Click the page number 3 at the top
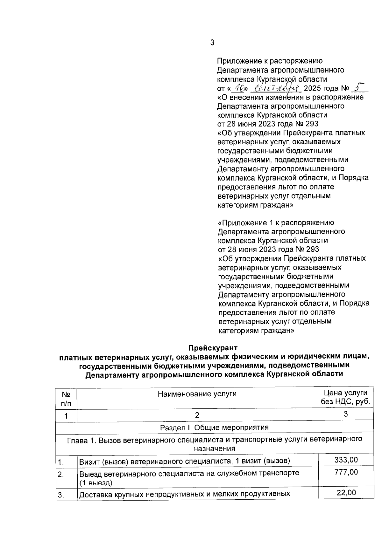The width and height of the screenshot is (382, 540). coord(212,43)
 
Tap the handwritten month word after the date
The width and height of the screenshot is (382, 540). coord(278,88)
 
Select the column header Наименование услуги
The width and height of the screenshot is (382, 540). coord(197,394)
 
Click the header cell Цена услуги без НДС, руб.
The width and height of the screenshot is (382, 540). coord(345,397)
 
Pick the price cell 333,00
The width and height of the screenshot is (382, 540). coord(346,460)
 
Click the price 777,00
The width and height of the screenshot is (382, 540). coord(346,472)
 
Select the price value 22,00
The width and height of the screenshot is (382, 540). coord(346,493)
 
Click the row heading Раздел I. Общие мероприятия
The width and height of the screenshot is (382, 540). coord(214,427)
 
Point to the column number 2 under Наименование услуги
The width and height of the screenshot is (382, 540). coord(197,415)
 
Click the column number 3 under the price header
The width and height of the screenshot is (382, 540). coord(346,414)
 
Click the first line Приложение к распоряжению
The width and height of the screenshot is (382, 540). coord(270,61)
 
